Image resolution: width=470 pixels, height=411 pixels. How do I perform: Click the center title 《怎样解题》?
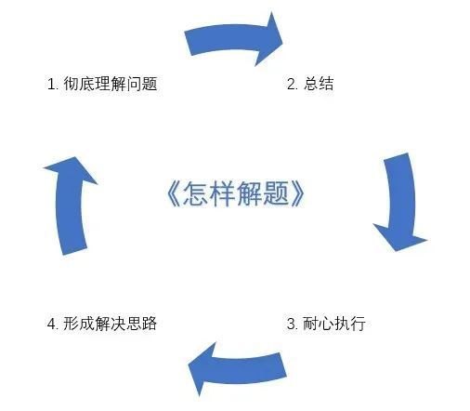[236, 193]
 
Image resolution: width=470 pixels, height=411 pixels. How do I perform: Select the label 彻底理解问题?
[111, 84]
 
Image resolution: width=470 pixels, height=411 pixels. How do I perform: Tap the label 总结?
[319, 84]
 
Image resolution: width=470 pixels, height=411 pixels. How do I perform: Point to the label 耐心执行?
[334, 324]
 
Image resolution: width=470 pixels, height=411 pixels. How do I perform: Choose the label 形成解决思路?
[111, 324]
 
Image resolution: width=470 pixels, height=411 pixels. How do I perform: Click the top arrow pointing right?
[234, 40]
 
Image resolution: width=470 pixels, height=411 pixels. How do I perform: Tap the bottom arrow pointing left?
[237, 369]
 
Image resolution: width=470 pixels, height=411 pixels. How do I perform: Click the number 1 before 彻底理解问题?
[50, 84]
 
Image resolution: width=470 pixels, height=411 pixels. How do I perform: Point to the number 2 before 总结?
[291, 84]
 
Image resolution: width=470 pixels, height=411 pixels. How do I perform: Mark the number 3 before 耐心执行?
[291, 324]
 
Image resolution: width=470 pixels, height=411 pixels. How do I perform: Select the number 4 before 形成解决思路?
[51, 324]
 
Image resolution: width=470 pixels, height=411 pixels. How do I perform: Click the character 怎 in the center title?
[196, 193]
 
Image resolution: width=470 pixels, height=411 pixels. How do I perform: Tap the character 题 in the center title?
[277, 193]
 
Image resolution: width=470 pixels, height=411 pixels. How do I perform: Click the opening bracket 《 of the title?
[174, 193]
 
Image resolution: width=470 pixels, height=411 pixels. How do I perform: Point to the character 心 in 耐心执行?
[326, 324]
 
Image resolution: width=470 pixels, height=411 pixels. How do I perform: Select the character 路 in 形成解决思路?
[150, 324]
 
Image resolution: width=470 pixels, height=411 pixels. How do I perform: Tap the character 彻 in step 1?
[72, 84]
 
